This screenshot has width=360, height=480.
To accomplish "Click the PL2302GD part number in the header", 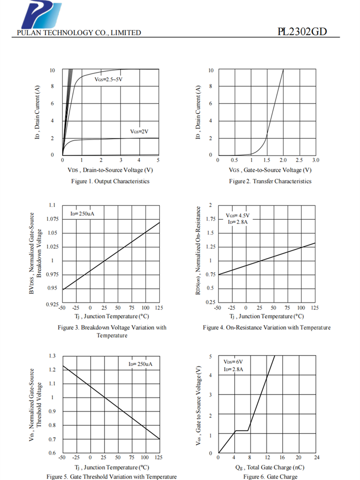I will (x=302, y=32).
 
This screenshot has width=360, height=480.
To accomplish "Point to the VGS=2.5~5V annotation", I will (x=108, y=78).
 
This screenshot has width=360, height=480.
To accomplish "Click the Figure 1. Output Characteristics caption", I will (x=110, y=181).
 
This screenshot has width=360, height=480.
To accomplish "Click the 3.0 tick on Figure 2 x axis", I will (x=315, y=160).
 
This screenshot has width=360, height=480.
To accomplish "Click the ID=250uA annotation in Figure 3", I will (x=82, y=214).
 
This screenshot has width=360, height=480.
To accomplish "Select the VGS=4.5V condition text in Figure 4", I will (x=238, y=216).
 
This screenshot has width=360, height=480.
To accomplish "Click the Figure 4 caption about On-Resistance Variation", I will (x=266, y=327).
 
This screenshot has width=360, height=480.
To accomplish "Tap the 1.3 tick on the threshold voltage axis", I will (x=52, y=356).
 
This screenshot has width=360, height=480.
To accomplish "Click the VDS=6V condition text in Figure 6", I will (x=233, y=362).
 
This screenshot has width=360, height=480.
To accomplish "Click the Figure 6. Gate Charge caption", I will (x=270, y=477).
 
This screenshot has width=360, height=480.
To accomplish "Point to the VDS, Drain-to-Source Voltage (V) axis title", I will (x=110, y=170).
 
